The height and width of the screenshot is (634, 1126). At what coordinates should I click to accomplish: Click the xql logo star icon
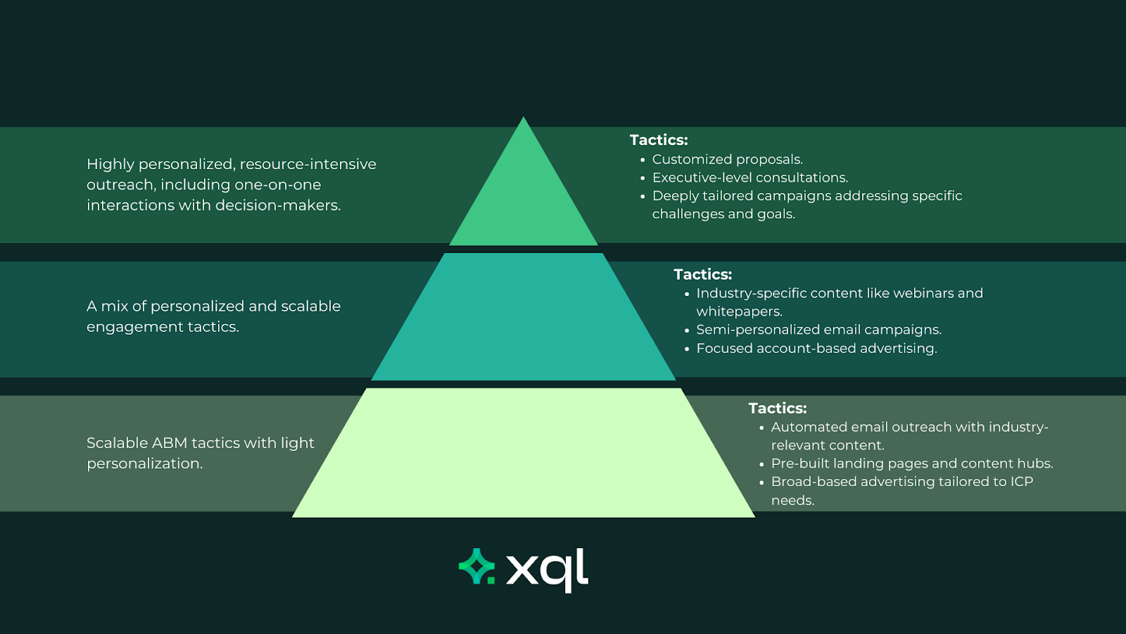pyautogui.click(x=476, y=566)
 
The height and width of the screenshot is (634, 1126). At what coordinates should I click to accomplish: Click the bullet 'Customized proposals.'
pyautogui.click(x=727, y=159)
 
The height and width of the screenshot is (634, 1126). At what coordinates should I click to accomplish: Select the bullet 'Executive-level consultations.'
pyautogui.click(x=750, y=178)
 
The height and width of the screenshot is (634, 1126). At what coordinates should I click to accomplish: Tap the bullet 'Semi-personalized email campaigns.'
pyautogui.click(x=818, y=330)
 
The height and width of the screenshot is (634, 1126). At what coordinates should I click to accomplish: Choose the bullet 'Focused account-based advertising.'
pyautogui.click(x=816, y=348)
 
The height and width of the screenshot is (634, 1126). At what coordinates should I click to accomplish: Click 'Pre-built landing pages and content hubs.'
pyautogui.click(x=912, y=464)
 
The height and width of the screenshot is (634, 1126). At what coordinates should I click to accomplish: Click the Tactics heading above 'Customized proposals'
pyautogui.click(x=659, y=140)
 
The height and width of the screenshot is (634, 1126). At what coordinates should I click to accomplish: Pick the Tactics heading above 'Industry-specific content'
pyautogui.click(x=702, y=275)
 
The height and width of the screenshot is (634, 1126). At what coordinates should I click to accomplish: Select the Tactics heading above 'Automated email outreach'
pyautogui.click(x=778, y=409)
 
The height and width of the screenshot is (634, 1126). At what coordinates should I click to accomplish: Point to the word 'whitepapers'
pyautogui.click(x=738, y=311)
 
